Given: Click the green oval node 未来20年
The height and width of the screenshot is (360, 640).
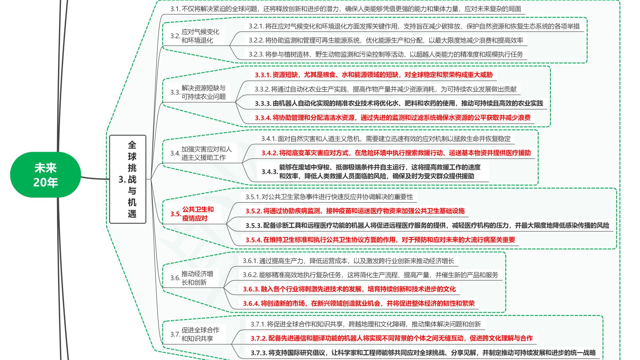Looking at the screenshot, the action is [x=46, y=175].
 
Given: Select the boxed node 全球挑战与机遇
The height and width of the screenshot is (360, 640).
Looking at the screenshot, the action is [x=128, y=179].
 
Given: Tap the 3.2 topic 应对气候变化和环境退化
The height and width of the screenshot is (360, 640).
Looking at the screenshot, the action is [x=200, y=36].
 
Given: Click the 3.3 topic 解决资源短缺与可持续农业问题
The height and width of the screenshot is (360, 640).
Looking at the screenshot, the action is [x=203, y=92].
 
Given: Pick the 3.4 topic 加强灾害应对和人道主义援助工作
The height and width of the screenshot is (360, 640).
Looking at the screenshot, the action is [x=206, y=153].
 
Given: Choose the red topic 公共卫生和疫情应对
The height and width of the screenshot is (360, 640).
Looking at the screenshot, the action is [x=198, y=214].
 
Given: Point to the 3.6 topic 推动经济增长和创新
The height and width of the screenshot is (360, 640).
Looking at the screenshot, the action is [x=197, y=278].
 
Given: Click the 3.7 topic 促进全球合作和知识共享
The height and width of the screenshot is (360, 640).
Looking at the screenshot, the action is [x=200, y=334].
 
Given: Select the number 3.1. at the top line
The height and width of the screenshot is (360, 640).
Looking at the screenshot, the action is [x=175, y=9].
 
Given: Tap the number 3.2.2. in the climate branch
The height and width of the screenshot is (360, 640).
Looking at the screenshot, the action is [x=256, y=40].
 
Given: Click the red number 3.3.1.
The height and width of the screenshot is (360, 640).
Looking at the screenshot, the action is [x=263, y=75].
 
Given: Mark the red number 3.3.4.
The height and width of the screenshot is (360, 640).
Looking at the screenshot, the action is [x=263, y=118].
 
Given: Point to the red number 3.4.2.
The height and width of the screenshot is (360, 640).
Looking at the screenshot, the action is [x=269, y=153].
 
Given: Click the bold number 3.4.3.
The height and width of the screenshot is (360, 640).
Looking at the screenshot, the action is [x=269, y=172].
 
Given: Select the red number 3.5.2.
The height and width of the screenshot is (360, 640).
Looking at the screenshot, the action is [x=254, y=211].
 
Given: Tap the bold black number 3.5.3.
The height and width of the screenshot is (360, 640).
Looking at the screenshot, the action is [x=254, y=226].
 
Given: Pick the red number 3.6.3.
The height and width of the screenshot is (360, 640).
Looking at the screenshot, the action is [x=251, y=289].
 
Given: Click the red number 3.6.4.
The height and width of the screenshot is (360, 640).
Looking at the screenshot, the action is [x=251, y=303].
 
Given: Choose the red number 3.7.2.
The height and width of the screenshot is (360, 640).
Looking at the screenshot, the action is [x=259, y=338].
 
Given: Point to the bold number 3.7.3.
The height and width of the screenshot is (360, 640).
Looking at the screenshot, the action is [x=259, y=353].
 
